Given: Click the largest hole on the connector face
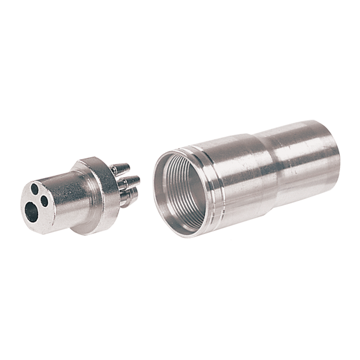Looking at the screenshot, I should pos(32,212).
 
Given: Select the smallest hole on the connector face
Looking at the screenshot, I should pos(45,202).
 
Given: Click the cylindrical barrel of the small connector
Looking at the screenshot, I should pos(64,200).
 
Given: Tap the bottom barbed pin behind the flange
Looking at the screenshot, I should pos(129,196).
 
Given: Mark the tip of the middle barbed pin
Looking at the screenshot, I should pos(138,179).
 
